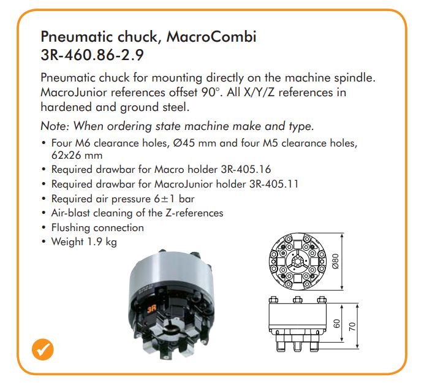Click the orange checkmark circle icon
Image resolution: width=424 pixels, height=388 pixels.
coord(43,349)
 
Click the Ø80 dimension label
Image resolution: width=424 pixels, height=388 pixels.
coord(335,261)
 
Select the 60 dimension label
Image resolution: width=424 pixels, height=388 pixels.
coord(336,324)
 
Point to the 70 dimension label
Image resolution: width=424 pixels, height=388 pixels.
coord(352,327)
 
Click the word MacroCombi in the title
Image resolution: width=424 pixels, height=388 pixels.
coord(211,37)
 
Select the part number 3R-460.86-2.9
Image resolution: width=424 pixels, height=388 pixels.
coord(92,55)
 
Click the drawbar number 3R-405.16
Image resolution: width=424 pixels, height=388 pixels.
coord(246,169)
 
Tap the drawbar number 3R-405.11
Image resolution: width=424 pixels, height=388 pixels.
coord(274,184)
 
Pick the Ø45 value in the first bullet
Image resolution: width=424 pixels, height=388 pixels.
coord(184,143)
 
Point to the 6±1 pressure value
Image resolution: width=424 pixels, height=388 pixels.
coord(164,199)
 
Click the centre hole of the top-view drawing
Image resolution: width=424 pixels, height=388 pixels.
coord(297,262)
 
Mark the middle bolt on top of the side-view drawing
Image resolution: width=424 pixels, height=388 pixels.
coord(297,300)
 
